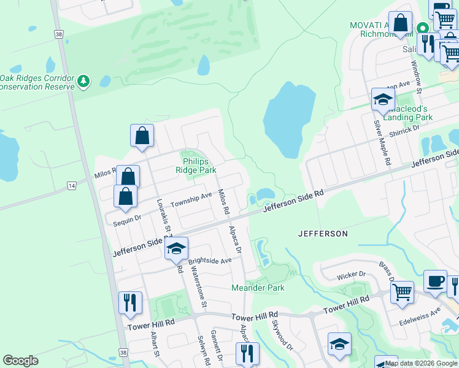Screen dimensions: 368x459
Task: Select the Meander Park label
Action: pos(258,287)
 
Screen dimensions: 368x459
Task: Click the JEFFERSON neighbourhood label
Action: pos(323,234)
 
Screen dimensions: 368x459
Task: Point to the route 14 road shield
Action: pos(72,185)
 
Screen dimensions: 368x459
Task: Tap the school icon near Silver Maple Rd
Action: pos(383,101)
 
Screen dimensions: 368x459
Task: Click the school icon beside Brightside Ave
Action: pos(176,249)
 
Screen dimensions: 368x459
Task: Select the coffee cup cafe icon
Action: pos(435,282)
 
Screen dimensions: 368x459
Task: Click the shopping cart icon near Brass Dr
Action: pos(403,292)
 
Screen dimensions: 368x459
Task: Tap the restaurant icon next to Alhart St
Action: pos(130,304)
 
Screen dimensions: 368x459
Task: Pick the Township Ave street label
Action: pos(191,199)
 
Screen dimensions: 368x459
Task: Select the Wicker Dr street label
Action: pos(351,275)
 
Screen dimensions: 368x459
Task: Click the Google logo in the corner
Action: pos(20,361)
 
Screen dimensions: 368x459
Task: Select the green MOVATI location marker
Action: pos(422,28)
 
